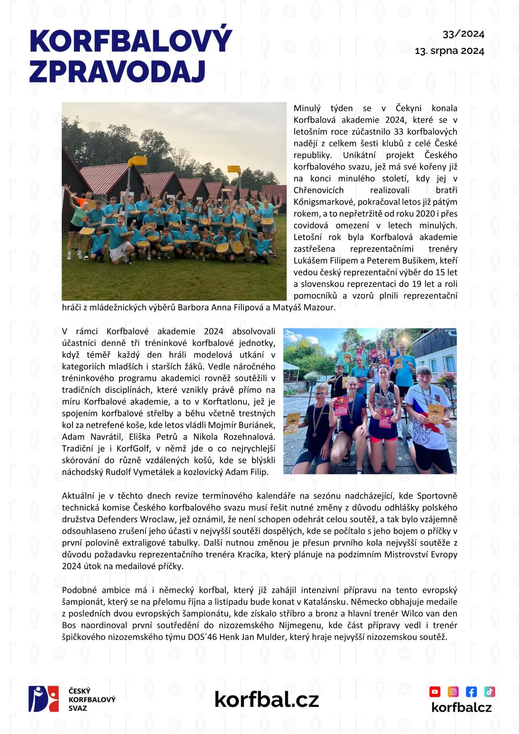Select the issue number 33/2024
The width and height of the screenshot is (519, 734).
pyautogui.click(x=463, y=34)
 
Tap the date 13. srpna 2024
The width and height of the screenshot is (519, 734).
pyautogui.click(x=449, y=51)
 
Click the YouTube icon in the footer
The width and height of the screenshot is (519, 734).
pyautogui.click(x=435, y=691)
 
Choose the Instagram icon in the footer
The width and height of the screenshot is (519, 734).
pyautogui.click(x=453, y=691)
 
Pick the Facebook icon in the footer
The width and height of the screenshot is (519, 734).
pyautogui.click(x=471, y=691)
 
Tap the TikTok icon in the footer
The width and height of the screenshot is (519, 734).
pyautogui.click(x=489, y=691)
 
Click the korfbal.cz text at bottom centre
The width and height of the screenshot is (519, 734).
pyautogui.click(x=267, y=699)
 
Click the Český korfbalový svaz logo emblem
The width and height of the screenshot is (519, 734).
pyautogui.click(x=44, y=699)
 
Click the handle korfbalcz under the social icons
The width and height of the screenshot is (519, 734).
pyautogui.click(x=461, y=708)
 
